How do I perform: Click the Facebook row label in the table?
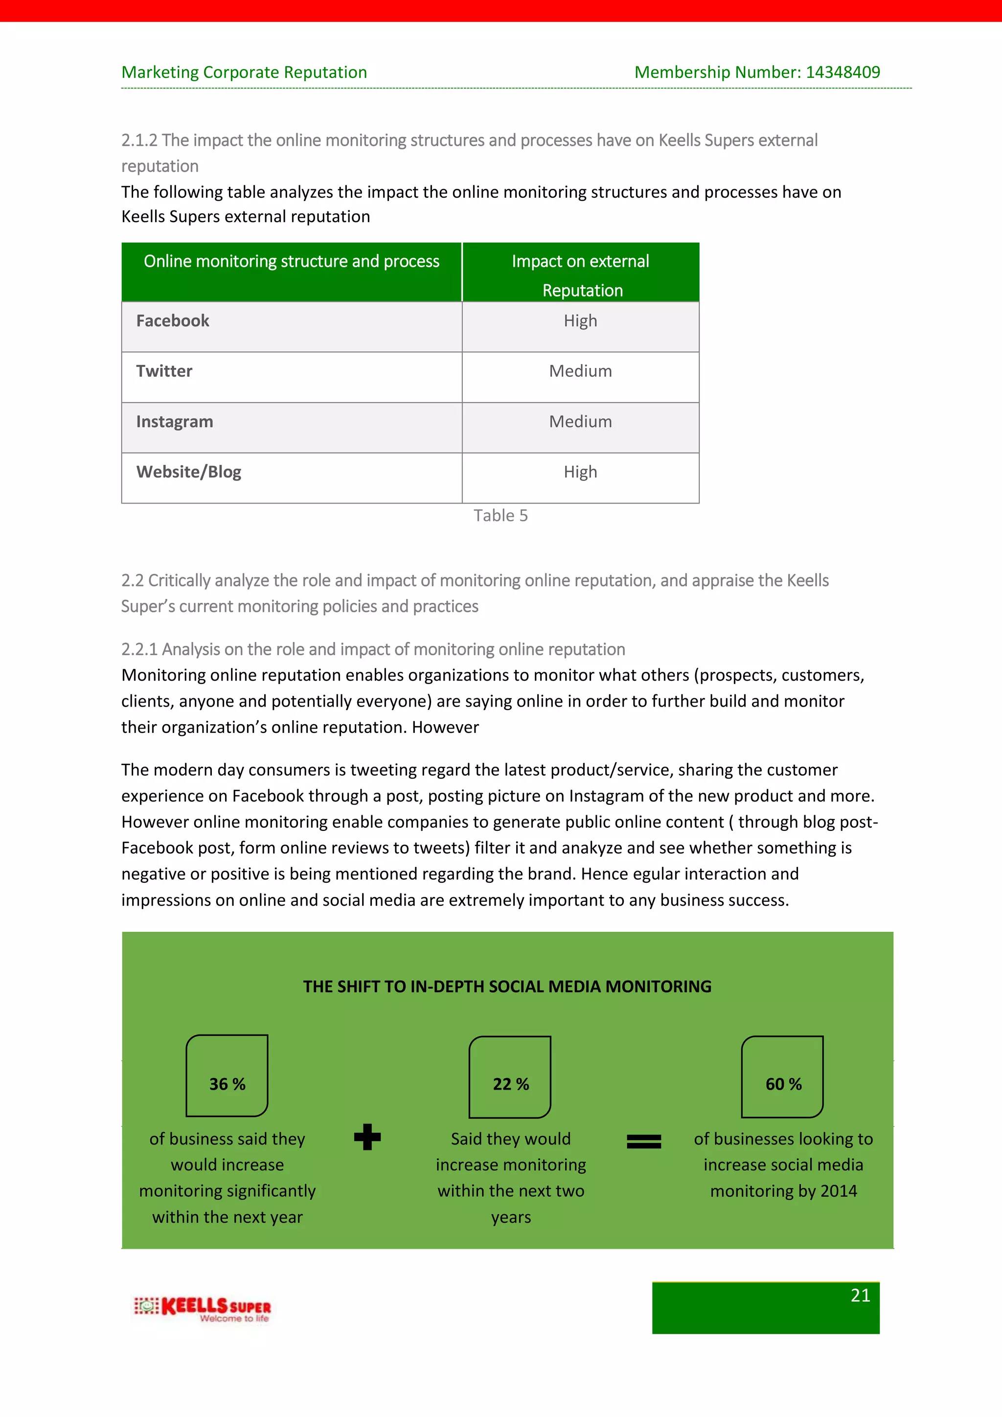click(173, 321)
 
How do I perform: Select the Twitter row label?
click(164, 371)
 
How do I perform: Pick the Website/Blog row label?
click(189, 472)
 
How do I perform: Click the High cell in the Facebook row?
click(580, 321)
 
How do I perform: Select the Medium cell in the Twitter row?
click(580, 371)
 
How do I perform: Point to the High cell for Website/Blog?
click(580, 472)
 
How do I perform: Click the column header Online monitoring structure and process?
click(291, 262)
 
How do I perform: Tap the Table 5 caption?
click(501, 515)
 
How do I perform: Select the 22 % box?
click(510, 1077)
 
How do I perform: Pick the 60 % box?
click(782, 1077)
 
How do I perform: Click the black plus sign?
click(368, 1137)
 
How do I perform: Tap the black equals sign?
click(643, 1142)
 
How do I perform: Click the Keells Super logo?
click(203, 1308)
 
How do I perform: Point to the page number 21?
click(860, 1296)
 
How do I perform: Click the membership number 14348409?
click(843, 72)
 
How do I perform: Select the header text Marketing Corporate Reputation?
click(244, 72)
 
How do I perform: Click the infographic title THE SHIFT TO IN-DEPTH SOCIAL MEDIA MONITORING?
click(507, 987)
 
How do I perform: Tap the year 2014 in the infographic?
click(839, 1191)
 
